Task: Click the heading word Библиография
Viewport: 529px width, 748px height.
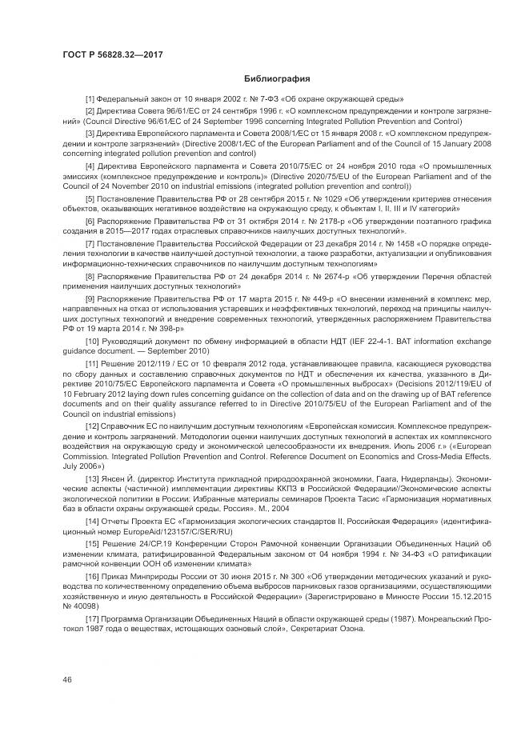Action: coord(276,79)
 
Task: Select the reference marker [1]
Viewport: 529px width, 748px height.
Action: coord(90,99)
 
